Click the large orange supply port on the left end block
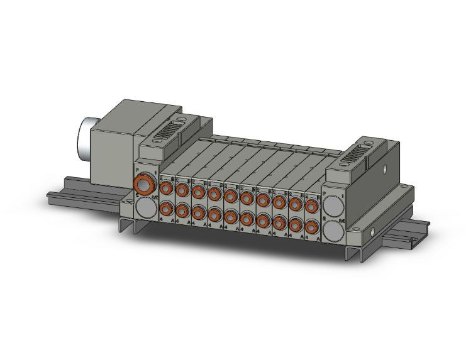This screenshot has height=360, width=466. point(146,183)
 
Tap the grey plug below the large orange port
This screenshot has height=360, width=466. point(146,207)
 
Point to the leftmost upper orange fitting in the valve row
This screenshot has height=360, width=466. point(166,187)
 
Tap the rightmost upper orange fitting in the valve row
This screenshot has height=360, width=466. point(311,206)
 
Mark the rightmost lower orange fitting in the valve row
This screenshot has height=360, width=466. point(311,228)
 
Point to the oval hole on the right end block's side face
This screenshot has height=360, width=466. point(383,168)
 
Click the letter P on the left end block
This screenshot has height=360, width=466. point(138,170)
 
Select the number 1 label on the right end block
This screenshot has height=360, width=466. point(341,197)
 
